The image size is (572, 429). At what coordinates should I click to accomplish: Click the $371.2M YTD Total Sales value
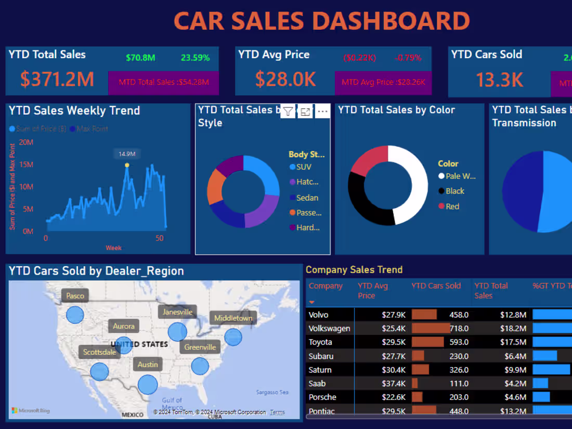(57, 79)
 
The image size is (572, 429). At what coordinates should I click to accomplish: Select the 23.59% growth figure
(195, 58)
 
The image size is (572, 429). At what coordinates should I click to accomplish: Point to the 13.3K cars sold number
(499, 79)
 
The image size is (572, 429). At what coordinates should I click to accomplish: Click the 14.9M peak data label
(127, 154)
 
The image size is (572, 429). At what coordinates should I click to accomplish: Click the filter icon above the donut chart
(288, 111)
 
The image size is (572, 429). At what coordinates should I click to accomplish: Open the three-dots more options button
(322, 111)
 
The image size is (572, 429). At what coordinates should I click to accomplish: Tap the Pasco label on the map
(75, 296)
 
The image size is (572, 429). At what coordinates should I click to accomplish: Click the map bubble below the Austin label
(148, 385)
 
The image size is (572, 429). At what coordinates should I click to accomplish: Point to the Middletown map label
(233, 318)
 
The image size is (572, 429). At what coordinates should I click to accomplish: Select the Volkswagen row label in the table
(329, 329)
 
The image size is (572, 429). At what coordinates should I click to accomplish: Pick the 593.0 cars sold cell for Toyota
(459, 342)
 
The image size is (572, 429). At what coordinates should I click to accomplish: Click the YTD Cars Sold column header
(436, 285)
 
